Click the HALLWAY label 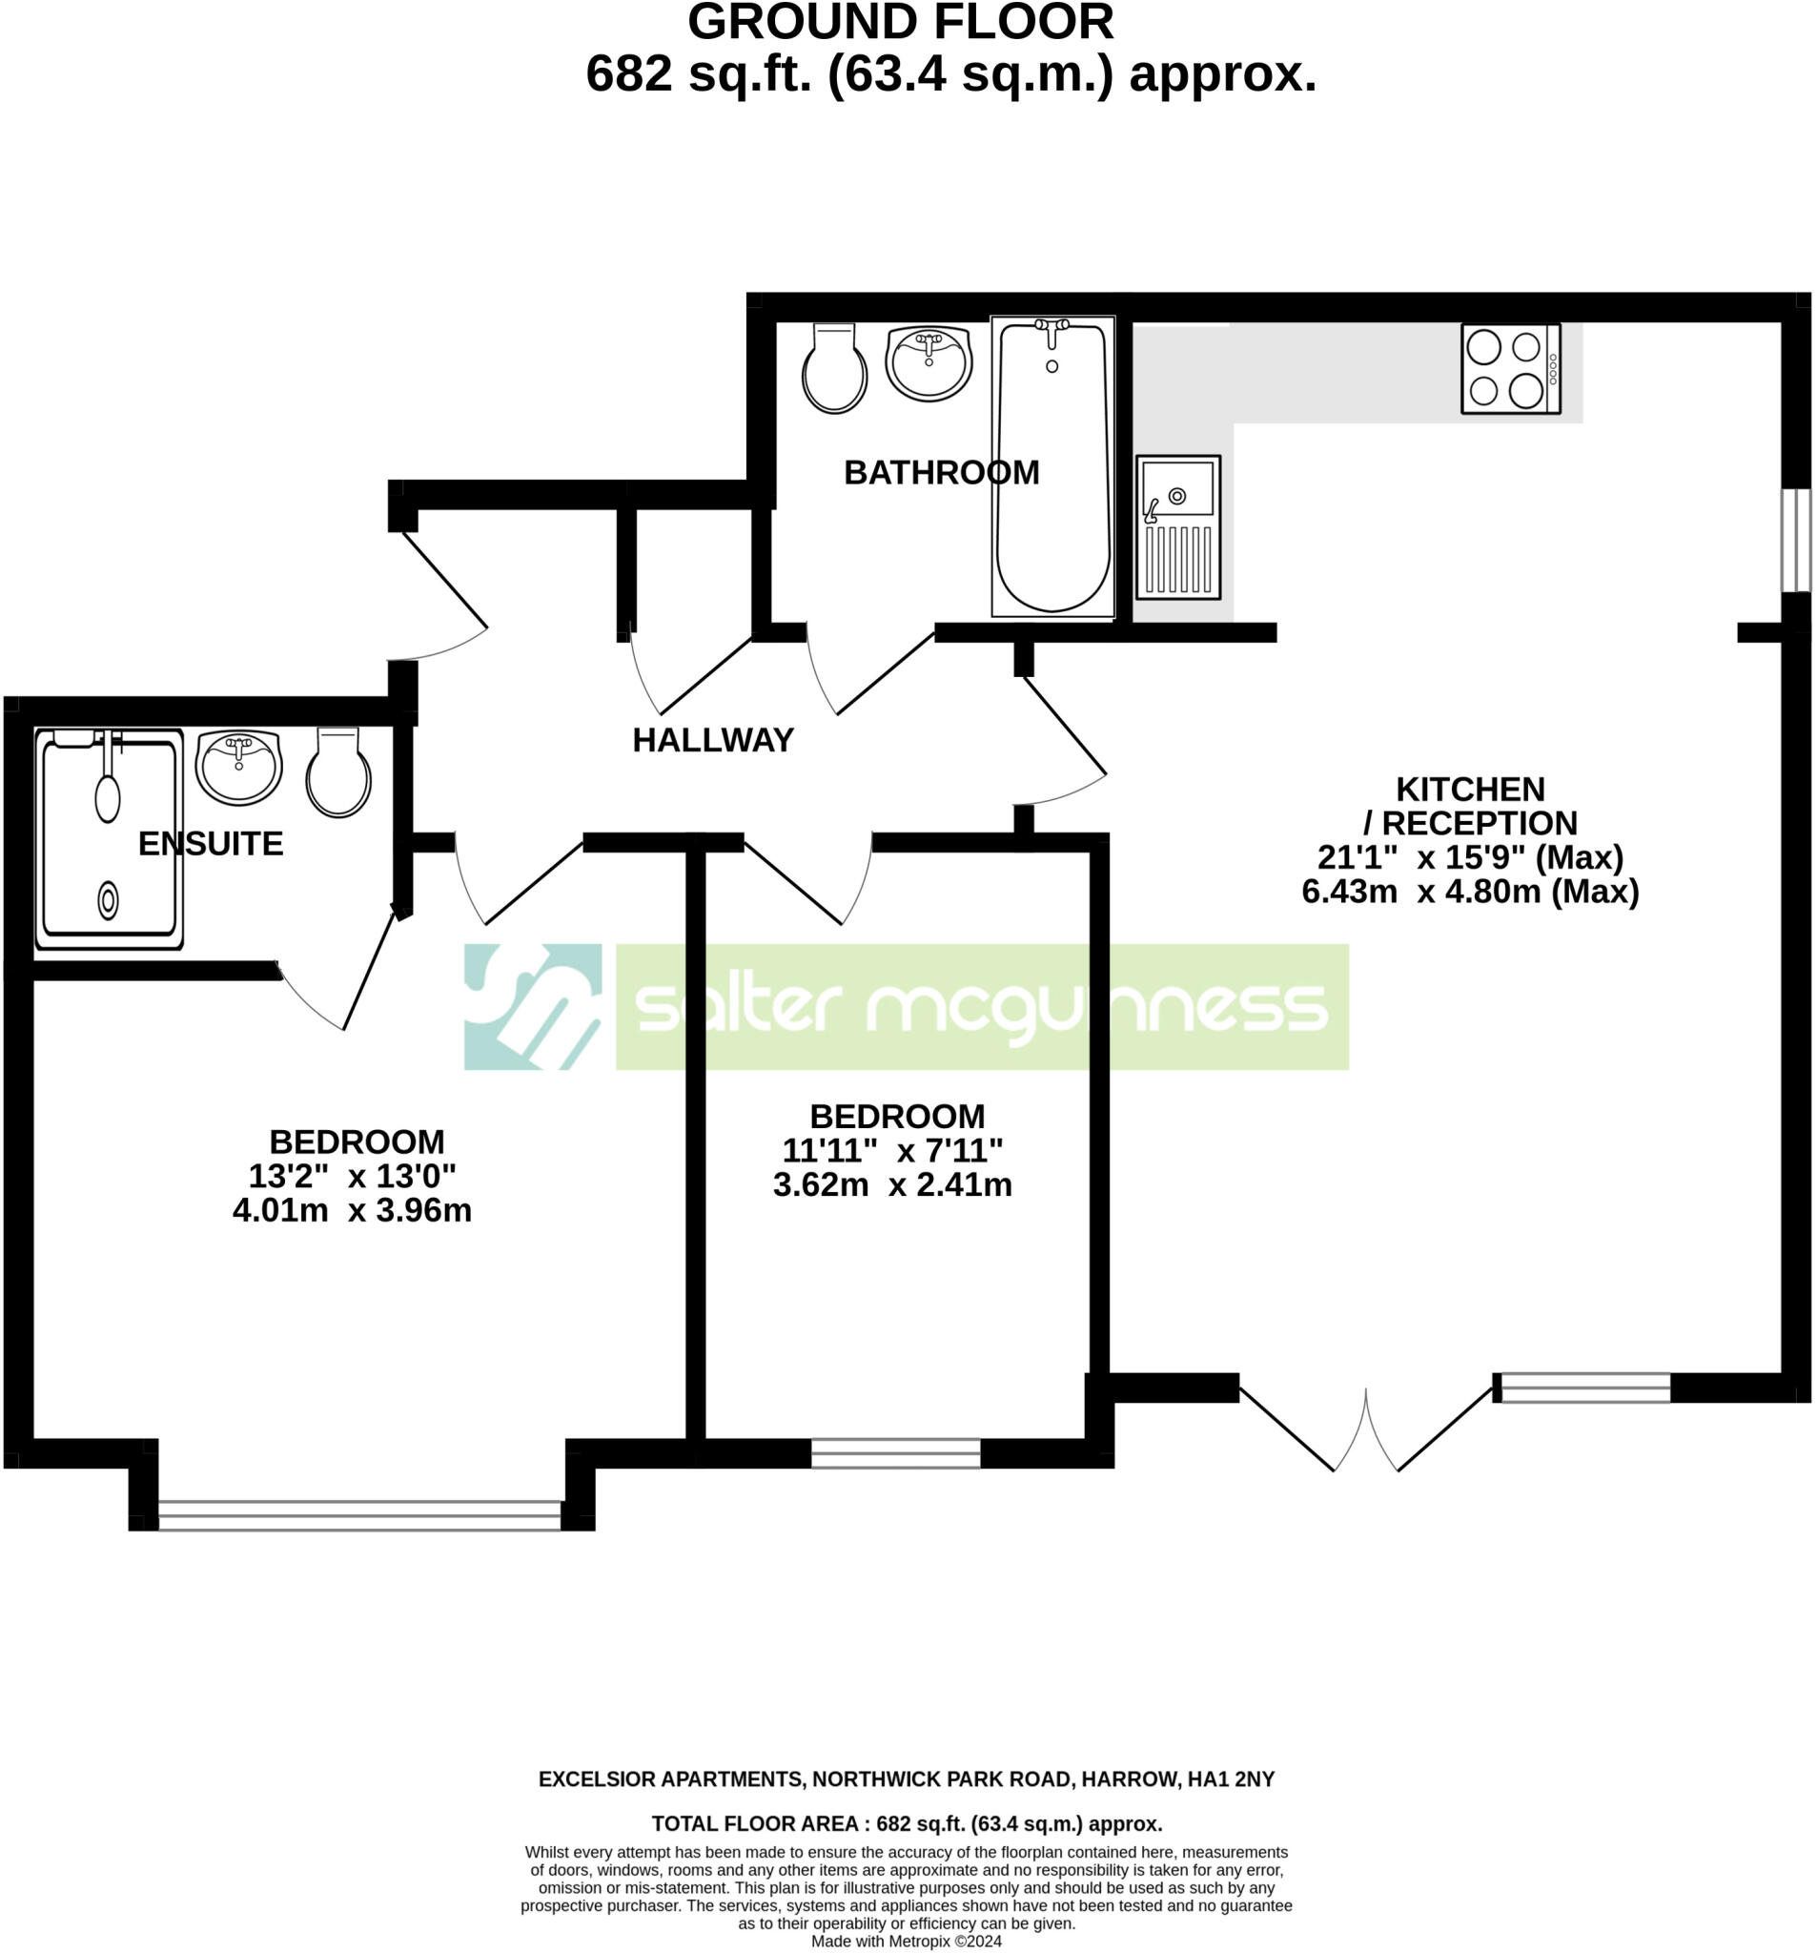[712, 740]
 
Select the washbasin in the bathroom [929, 362]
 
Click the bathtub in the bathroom [1051, 466]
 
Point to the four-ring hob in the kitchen [1510, 368]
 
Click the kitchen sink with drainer [1177, 526]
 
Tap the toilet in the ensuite [337, 772]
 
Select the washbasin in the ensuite [238, 768]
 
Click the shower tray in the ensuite [109, 839]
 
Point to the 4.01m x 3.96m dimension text [352, 1210]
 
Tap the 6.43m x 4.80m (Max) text [1469, 892]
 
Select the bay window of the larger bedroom [359, 1515]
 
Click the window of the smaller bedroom [895, 1453]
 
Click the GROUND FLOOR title [900, 22]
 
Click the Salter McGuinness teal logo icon [532, 1006]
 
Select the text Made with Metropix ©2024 [906, 1942]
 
